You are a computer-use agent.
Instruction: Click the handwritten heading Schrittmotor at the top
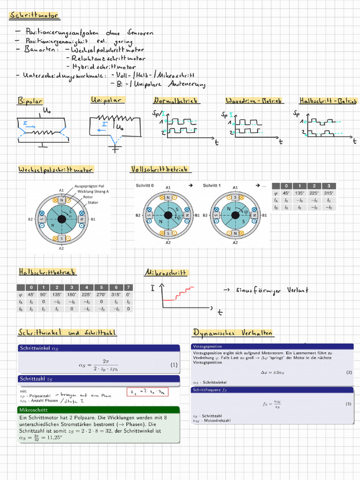pyautogui.click(x=34, y=16)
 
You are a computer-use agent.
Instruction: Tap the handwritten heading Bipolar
pyautogui.click(x=30, y=100)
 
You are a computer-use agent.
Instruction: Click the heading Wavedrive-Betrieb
pyautogui.click(x=254, y=101)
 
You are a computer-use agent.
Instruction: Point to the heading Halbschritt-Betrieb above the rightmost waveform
pyautogui.click(x=328, y=101)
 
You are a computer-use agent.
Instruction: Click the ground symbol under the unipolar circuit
pyautogui.click(x=115, y=149)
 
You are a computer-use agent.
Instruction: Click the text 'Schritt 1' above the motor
pyautogui.click(x=211, y=186)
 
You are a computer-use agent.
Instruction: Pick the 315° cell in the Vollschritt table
pyautogui.click(x=329, y=193)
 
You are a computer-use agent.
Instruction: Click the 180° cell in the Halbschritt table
pyautogui.click(x=71, y=295)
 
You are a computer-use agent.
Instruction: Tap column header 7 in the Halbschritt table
pyautogui.click(x=128, y=287)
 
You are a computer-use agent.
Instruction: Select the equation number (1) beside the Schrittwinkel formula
pyautogui.click(x=174, y=365)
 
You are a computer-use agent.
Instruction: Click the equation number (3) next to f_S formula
pyautogui.click(x=348, y=404)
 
